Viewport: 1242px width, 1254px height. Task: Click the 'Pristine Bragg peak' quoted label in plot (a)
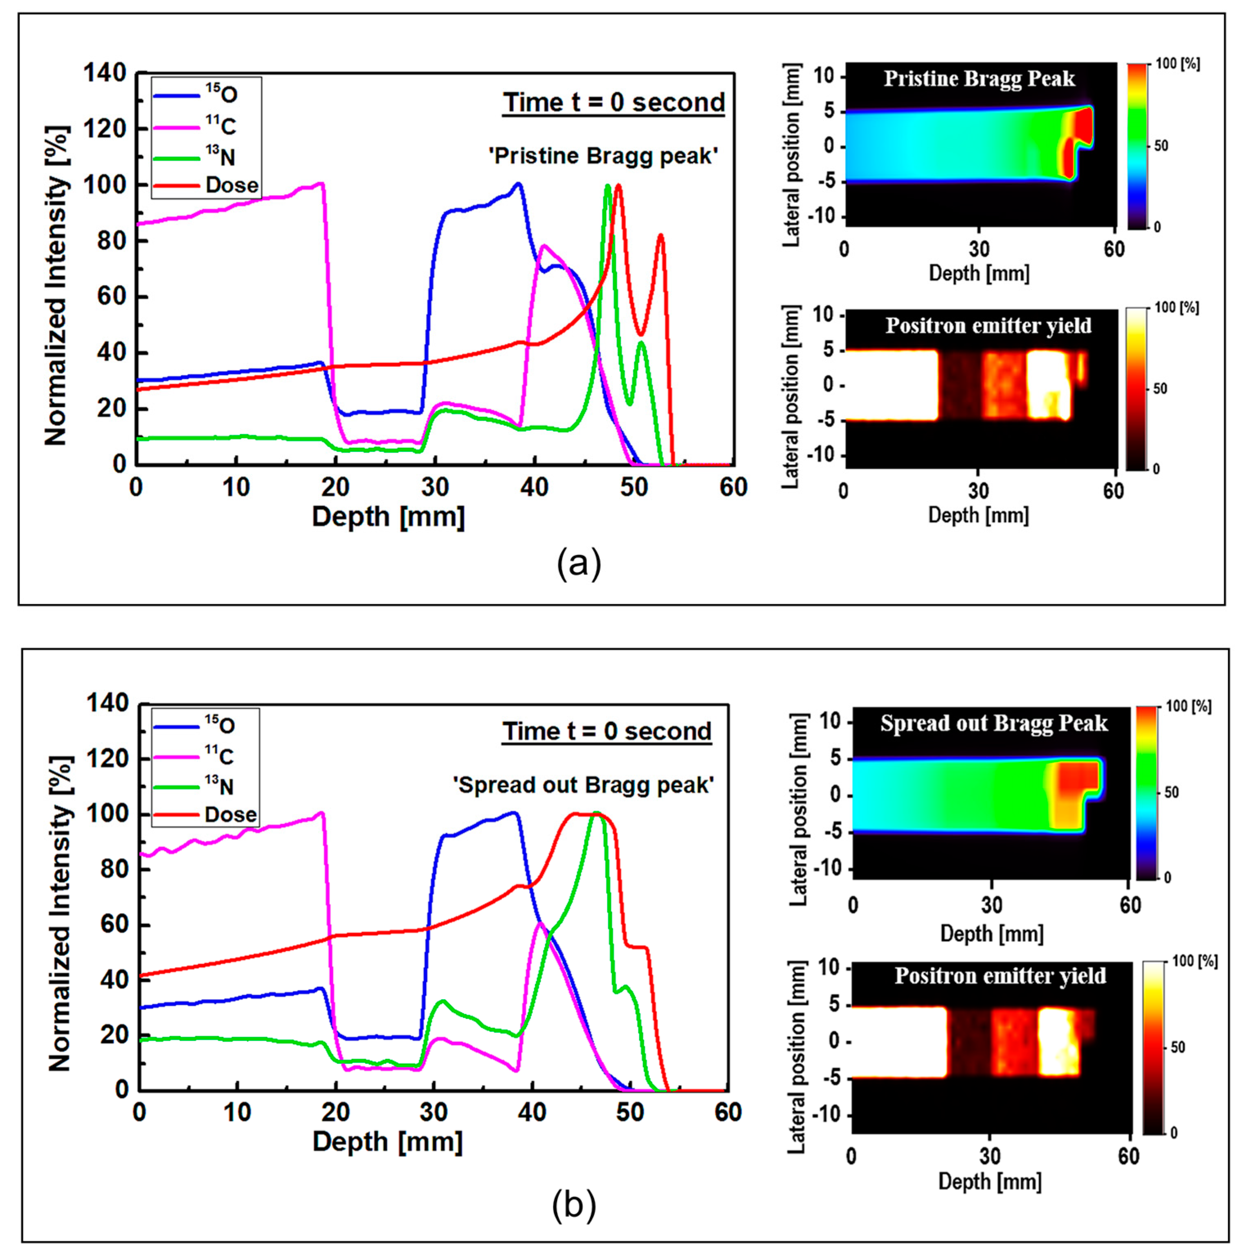[603, 156]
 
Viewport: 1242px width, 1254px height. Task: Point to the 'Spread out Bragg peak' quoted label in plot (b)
[583, 785]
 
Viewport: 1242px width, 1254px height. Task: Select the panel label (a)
[579, 563]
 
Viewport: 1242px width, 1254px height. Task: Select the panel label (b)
[574, 1205]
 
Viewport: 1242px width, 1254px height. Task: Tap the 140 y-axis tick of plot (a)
[105, 73]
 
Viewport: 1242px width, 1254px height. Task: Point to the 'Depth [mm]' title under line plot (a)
[388, 517]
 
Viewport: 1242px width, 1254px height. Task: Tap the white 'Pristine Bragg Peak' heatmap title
[979, 79]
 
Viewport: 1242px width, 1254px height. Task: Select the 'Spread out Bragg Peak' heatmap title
[993, 723]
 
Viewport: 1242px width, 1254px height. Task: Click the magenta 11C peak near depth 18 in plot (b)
[321, 813]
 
